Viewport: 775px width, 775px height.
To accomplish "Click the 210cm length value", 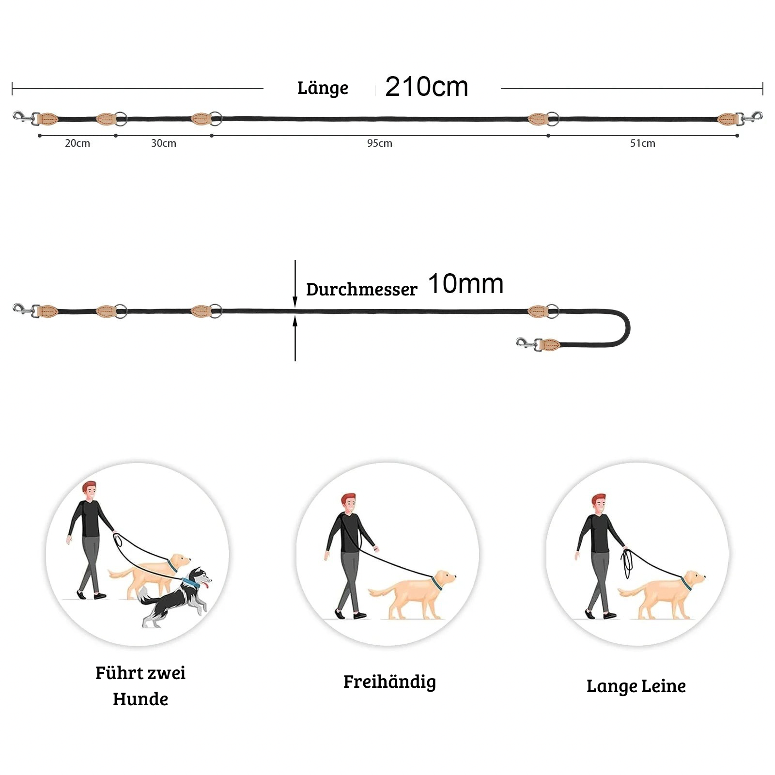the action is click(x=426, y=87).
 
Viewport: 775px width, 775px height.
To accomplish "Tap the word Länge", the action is click(x=323, y=88).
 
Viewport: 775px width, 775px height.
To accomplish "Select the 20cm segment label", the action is click(x=77, y=143).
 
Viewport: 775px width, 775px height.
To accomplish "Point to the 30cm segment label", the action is click(x=164, y=143).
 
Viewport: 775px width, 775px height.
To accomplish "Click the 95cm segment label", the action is click(x=380, y=143).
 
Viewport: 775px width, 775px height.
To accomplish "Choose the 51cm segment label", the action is click(x=643, y=143).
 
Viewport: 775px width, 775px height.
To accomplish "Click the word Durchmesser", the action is click(x=361, y=289).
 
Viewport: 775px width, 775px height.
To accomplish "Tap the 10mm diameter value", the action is click(x=466, y=284).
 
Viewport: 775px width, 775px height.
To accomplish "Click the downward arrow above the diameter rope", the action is click(x=295, y=284).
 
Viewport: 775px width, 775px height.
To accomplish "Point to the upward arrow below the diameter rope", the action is click(x=295, y=338).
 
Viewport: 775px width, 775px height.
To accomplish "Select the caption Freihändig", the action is click(x=389, y=682).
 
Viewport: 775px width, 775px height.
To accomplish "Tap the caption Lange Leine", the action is click(x=636, y=686).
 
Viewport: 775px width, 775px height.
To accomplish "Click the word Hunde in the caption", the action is click(x=140, y=699).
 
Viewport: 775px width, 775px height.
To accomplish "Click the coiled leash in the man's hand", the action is click(x=627, y=562).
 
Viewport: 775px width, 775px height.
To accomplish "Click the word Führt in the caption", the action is click(x=119, y=673).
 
